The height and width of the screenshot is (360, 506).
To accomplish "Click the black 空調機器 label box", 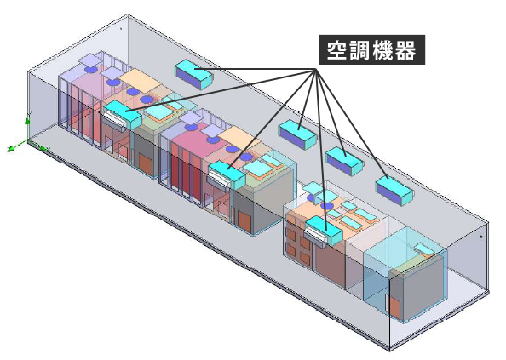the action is [x=371, y=50].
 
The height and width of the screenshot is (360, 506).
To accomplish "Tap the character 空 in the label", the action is [x=336, y=50].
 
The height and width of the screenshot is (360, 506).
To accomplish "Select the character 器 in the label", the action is [x=405, y=50].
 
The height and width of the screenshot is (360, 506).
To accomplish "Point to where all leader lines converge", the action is [x=315, y=69].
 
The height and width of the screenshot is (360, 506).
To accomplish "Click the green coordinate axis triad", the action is [x=27, y=139].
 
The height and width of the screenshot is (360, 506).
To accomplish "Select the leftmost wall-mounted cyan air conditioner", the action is [x=194, y=74].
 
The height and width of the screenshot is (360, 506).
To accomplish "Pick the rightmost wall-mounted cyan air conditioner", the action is [x=394, y=191].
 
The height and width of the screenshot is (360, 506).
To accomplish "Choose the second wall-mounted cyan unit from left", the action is [x=297, y=134].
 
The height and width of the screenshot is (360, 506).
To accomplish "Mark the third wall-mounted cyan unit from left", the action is [x=345, y=161].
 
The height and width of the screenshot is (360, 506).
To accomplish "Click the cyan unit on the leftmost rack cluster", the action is [x=123, y=114].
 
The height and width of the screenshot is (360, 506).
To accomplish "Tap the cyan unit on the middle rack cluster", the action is [x=227, y=174].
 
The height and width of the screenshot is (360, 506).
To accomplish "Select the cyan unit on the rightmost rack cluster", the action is [x=324, y=230].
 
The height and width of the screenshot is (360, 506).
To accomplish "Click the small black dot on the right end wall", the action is [x=480, y=237].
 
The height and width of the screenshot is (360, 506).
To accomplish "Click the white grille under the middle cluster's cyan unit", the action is [x=219, y=179].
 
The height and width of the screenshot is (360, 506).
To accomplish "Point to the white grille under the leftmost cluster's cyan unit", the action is [x=113, y=118].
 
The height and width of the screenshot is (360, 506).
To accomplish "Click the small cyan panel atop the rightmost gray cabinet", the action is [x=424, y=249].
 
